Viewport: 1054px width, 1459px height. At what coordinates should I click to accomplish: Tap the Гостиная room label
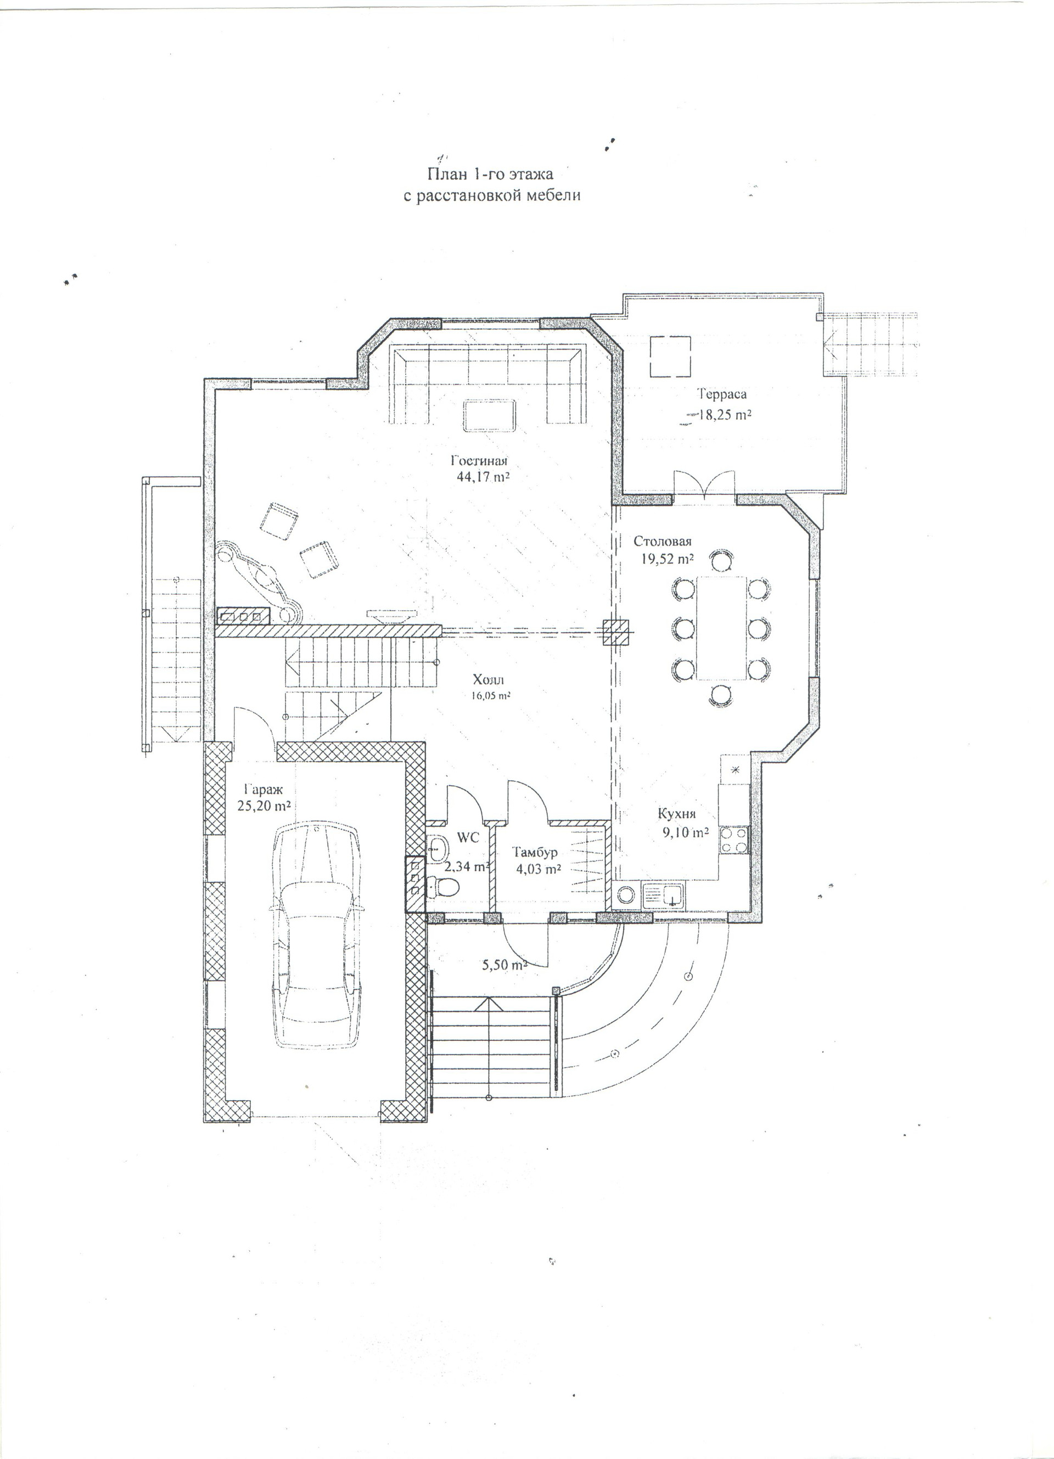pyautogui.click(x=479, y=460)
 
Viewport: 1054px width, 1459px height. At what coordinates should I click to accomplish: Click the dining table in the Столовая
pyautogui.click(x=721, y=628)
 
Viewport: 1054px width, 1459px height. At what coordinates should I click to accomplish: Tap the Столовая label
pyautogui.click(x=662, y=540)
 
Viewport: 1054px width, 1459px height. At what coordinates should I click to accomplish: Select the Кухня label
pyautogui.click(x=676, y=814)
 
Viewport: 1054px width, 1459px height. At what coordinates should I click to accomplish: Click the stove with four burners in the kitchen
pyautogui.click(x=734, y=839)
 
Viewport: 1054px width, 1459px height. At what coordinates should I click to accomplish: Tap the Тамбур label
pyautogui.click(x=535, y=852)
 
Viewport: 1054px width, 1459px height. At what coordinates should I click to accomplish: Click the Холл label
pyautogui.click(x=489, y=680)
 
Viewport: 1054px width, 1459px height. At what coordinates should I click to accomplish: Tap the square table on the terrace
pyautogui.click(x=670, y=357)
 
